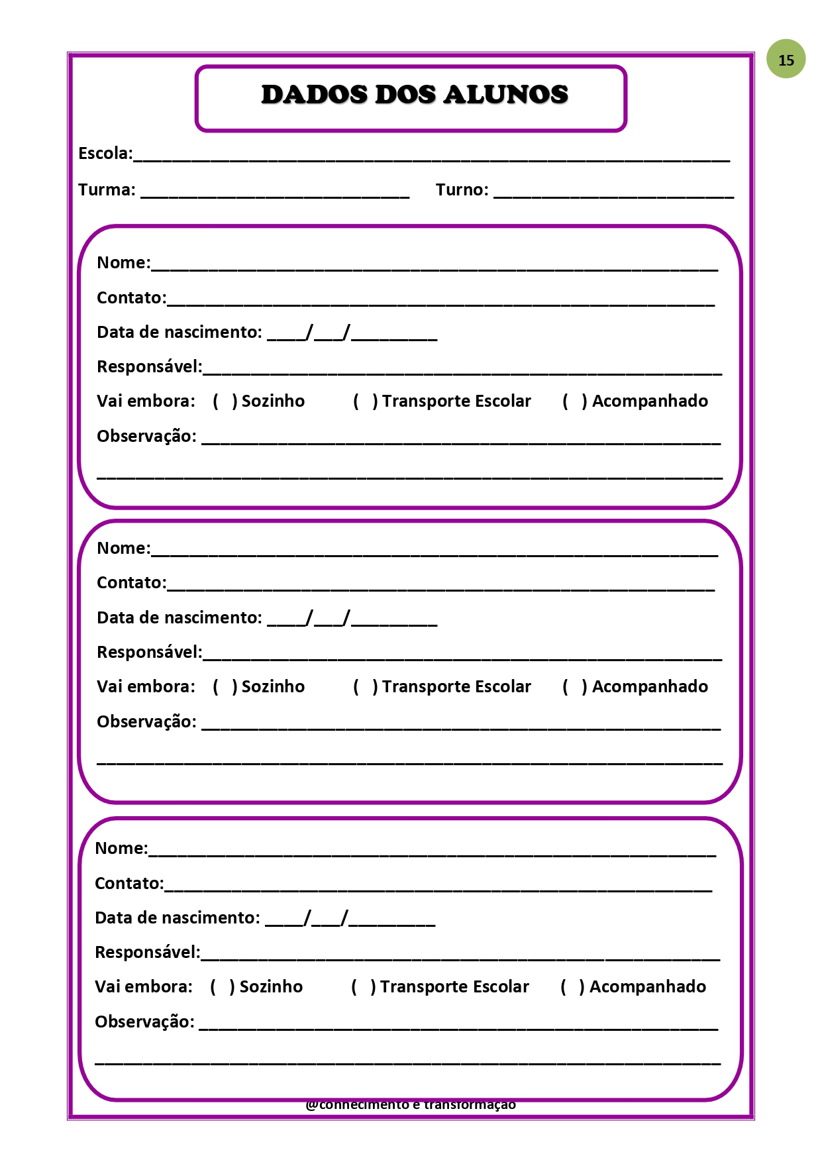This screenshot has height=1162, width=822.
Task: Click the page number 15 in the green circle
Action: click(786, 60)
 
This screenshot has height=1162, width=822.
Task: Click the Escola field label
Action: click(105, 154)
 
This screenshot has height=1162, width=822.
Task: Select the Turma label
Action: click(107, 190)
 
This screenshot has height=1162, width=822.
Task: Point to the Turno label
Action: click(462, 190)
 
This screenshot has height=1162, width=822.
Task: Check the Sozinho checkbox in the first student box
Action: click(225, 401)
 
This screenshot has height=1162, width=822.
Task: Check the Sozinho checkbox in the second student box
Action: click(225, 687)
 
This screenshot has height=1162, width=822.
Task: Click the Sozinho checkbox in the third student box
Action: click(223, 987)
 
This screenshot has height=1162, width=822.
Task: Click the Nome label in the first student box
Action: click(123, 263)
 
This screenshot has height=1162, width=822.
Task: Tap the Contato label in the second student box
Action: click(131, 583)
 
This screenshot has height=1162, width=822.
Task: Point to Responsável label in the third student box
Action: click(147, 953)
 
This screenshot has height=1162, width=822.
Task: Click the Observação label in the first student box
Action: click(146, 437)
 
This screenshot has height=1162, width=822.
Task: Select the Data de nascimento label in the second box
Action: click(179, 618)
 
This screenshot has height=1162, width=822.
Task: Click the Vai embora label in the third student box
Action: click(143, 987)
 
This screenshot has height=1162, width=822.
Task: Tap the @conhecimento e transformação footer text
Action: click(411, 1104)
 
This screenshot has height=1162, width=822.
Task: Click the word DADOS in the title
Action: click(314, 95)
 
